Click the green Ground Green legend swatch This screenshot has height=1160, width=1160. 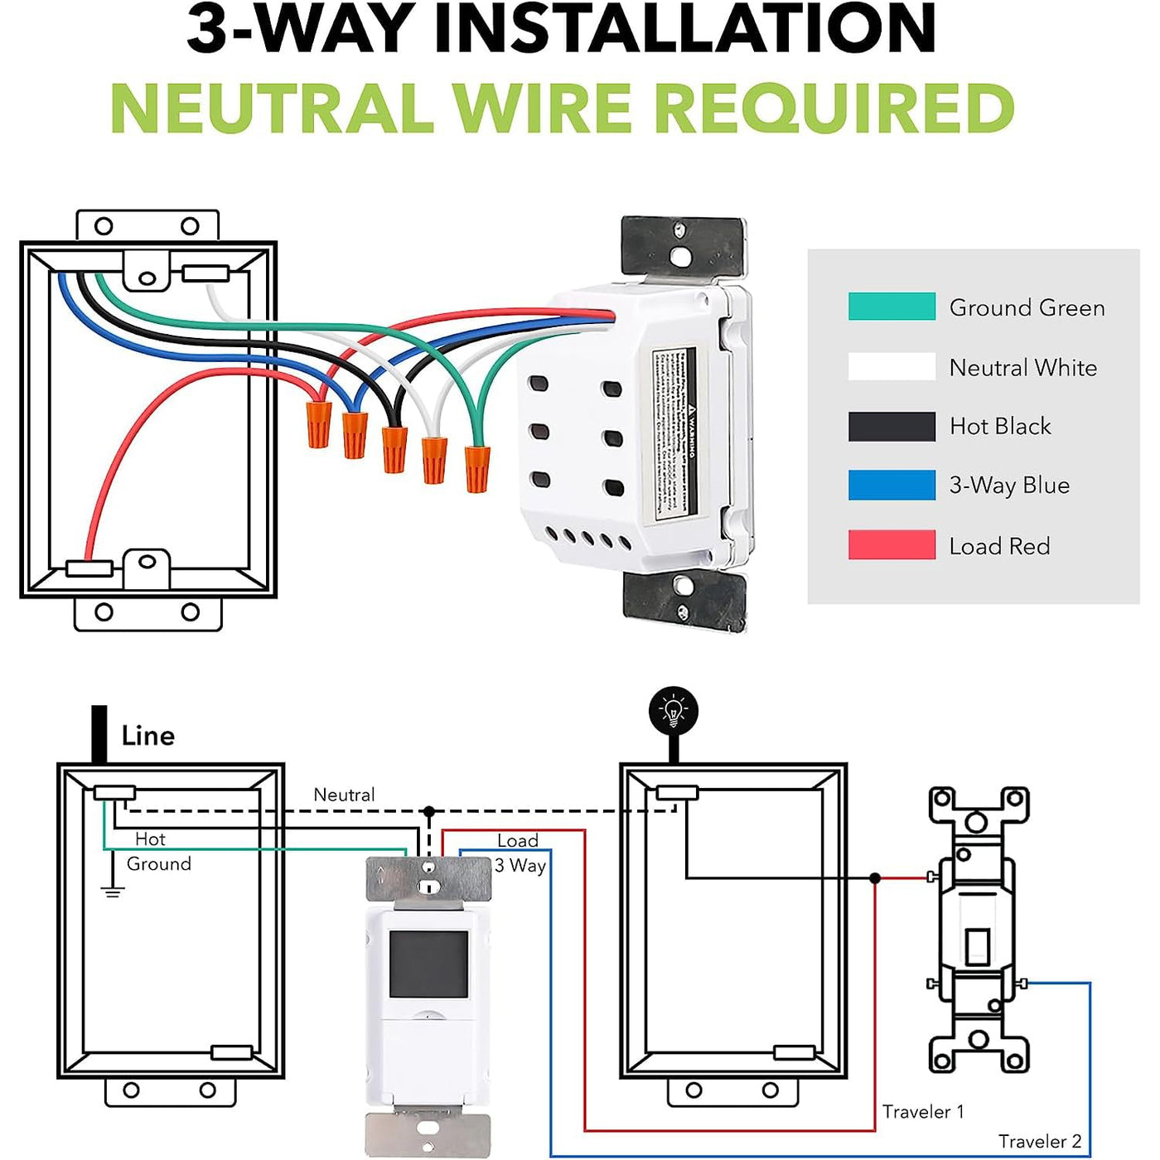892,307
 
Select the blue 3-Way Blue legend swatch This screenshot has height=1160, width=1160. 892,486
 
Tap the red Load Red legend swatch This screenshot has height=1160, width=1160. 892,545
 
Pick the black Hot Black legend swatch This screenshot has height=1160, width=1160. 892,427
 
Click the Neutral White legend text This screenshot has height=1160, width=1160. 1022,368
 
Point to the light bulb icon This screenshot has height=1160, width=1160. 674,711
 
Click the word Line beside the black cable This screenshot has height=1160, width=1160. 147,736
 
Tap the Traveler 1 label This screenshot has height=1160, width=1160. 923,1112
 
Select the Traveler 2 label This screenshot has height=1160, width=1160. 1039,1142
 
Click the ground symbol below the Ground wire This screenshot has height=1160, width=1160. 113,892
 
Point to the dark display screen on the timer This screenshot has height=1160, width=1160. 428,964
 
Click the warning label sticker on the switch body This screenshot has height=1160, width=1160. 674,435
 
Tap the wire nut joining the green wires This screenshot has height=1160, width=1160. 476,469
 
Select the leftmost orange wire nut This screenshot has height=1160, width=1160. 318,424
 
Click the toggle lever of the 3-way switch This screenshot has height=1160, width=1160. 978,946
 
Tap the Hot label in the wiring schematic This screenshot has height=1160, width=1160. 150,839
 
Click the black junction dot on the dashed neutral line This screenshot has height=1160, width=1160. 428,811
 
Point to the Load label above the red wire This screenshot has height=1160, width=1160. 518,840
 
